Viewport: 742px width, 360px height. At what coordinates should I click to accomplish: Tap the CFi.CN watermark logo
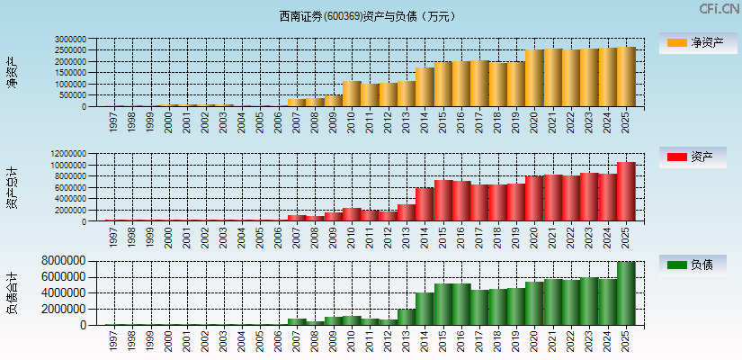(x=719, y=9)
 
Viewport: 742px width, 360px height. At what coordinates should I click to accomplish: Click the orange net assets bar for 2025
(x=626, y=76)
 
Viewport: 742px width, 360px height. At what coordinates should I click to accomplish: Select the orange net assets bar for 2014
(x=425, y=87)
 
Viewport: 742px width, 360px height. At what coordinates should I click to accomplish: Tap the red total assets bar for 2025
(x=626, y=192)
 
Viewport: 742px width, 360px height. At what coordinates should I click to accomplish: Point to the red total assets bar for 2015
(x=443, y=201)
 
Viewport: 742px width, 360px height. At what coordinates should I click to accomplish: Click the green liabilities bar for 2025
(x=626, y=293)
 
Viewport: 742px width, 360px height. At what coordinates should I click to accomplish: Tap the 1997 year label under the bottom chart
(x=114, y=340)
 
